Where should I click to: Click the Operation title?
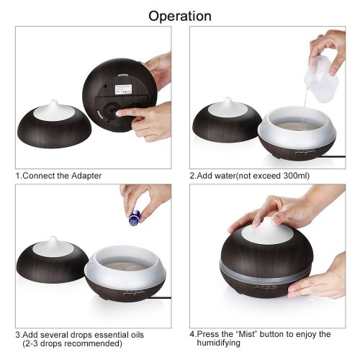click(180, 17)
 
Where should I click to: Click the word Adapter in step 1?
click(86, 176)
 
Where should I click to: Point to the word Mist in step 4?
click(247, 334)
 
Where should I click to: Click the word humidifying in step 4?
click(218, 343)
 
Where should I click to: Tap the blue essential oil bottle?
click(134, 218)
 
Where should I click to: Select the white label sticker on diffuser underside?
click(123, 89)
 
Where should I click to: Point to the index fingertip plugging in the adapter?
click(120, 113)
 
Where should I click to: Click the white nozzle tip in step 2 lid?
click(228, 100)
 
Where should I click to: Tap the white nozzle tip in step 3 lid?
click(53, 239)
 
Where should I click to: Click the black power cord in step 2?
click(333, 156)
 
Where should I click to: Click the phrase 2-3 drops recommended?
click(72, 343)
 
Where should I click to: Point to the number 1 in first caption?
click(18, 176)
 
